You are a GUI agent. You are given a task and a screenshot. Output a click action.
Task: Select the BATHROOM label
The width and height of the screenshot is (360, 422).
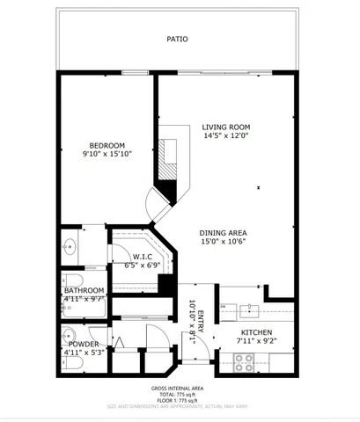pos(84,290)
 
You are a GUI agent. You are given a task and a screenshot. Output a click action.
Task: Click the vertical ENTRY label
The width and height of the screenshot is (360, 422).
pos(200,320)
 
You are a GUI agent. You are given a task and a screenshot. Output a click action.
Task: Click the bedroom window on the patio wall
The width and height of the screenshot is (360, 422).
pos(133,73)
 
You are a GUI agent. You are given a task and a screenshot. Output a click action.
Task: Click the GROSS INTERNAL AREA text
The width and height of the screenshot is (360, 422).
pos(178,387)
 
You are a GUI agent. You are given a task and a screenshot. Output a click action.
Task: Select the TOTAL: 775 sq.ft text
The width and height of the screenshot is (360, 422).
pos(178,394)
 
